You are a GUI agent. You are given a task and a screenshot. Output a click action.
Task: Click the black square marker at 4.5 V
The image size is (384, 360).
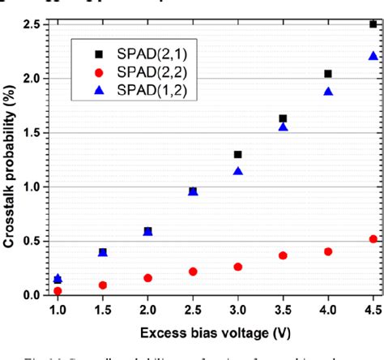(373, 24)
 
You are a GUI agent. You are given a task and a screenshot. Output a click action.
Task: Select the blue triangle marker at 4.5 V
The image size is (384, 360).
(373, 56)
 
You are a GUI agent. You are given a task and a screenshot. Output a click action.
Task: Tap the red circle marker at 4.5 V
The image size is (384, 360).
(373, 238)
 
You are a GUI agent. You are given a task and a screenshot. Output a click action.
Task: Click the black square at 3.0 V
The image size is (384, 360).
(237, 154)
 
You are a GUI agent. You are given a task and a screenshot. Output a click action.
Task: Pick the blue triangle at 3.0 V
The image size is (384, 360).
(237, 171)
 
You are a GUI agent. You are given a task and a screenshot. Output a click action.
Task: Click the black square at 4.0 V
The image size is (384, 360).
(328, 74)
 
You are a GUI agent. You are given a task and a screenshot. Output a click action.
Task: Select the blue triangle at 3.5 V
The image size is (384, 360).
(283, 127)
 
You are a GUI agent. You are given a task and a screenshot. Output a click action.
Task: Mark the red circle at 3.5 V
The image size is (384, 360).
(283, 255)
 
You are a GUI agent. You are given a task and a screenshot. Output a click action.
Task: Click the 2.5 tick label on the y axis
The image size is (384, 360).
(32, 24)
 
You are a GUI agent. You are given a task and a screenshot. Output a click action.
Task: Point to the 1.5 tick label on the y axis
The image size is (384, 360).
(32, 132)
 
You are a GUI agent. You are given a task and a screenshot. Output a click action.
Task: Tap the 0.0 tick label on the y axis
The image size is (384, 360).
(32, 295)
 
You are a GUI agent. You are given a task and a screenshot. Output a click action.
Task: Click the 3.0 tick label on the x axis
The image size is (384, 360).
(237, 311)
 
